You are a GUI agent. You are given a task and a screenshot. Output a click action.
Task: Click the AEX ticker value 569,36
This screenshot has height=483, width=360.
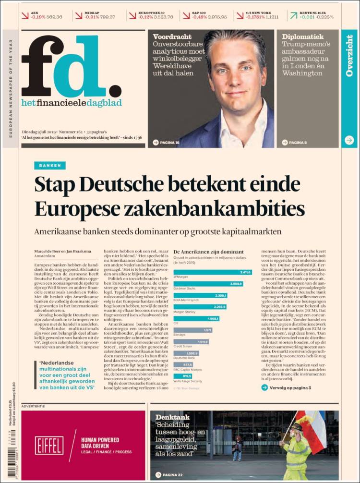tap(53, 17)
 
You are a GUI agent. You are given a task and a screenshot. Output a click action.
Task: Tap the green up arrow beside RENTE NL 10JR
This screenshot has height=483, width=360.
tap(293, 15)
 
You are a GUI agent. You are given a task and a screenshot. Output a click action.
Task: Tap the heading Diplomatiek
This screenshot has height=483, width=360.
tap(302, 37)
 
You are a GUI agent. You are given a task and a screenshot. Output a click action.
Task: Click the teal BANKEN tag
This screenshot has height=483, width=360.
tap(50, 166)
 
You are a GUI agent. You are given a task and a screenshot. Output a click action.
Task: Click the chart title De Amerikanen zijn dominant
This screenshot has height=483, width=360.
tap(208, 252)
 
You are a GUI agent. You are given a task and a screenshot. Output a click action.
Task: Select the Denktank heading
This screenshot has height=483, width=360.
tap(172, 417)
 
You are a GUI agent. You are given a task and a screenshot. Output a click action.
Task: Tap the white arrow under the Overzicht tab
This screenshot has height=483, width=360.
tap(349, 141)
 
